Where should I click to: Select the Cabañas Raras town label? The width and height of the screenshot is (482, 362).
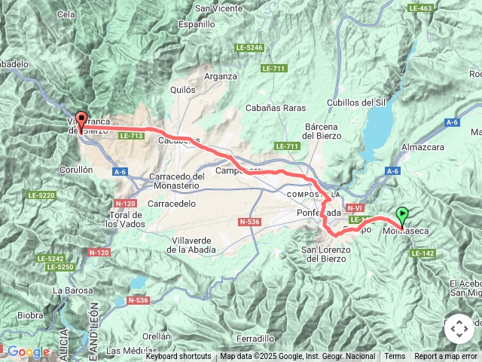pyautogui.click(x=276, y=108)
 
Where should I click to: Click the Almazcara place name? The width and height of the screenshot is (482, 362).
pyautogui.click(x=426, y=147)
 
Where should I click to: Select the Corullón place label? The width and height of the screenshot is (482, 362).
pyautogui.click(x=73, y=170)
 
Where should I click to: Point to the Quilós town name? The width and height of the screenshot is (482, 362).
pyautogui.click(x=183, y=89)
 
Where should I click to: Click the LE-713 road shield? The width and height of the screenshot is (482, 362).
pyautogui.click(x=131, y=136)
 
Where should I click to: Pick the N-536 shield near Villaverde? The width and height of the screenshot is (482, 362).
pyautogui.click(x=249, y=222)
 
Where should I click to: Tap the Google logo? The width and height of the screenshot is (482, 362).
pyautogui.click(x=28, y=351)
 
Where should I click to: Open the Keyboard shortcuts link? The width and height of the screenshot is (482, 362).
pyautogui.click(x=178, y=357)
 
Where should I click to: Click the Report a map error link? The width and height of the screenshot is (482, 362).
pyautogui.click(x=446, y=357)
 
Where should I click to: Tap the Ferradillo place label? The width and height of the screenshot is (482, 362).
pyautogui.click(x=254, y=339)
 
